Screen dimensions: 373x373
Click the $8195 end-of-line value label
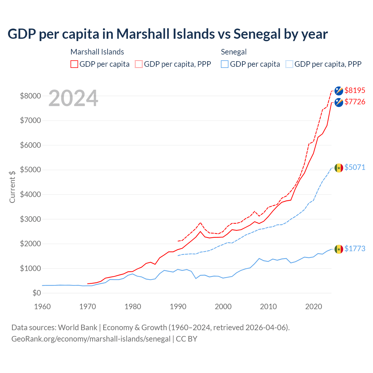coord(355,90)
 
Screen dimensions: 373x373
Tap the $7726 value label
coord(355,102)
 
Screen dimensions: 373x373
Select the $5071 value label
coord(355,167)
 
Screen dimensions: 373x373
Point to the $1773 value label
coord(355,249)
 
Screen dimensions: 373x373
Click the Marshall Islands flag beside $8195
coord(339,91)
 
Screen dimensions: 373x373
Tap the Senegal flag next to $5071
coord(339,168)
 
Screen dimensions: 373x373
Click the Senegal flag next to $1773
coord(339,249)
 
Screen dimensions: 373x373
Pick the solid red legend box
coord(74,64)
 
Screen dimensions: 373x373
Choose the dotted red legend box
coord(139,64)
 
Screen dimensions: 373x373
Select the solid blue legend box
coord(225,64)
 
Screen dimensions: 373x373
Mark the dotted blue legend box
coord(289,64)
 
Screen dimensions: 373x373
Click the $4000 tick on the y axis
coord(30,194)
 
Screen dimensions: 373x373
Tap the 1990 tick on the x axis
coord(178,307)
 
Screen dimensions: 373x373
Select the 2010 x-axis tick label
coord(268,307)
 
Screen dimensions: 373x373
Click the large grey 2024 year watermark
coord(73,98)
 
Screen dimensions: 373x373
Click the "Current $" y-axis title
coord(12,186)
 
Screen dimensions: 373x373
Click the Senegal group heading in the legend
coord(234,52)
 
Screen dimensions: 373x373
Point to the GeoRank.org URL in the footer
coord(91,339)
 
